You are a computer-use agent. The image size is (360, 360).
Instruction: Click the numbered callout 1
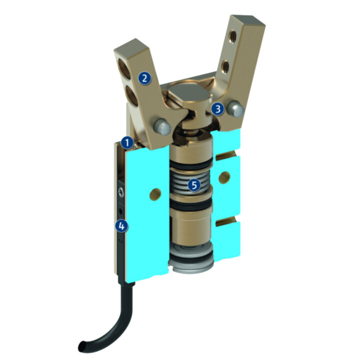[128, 143]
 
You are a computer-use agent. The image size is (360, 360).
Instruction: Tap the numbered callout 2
[144, 77]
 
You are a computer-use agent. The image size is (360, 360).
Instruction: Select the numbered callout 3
[217, 108]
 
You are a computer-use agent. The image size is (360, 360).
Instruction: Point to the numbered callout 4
[120, 226]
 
